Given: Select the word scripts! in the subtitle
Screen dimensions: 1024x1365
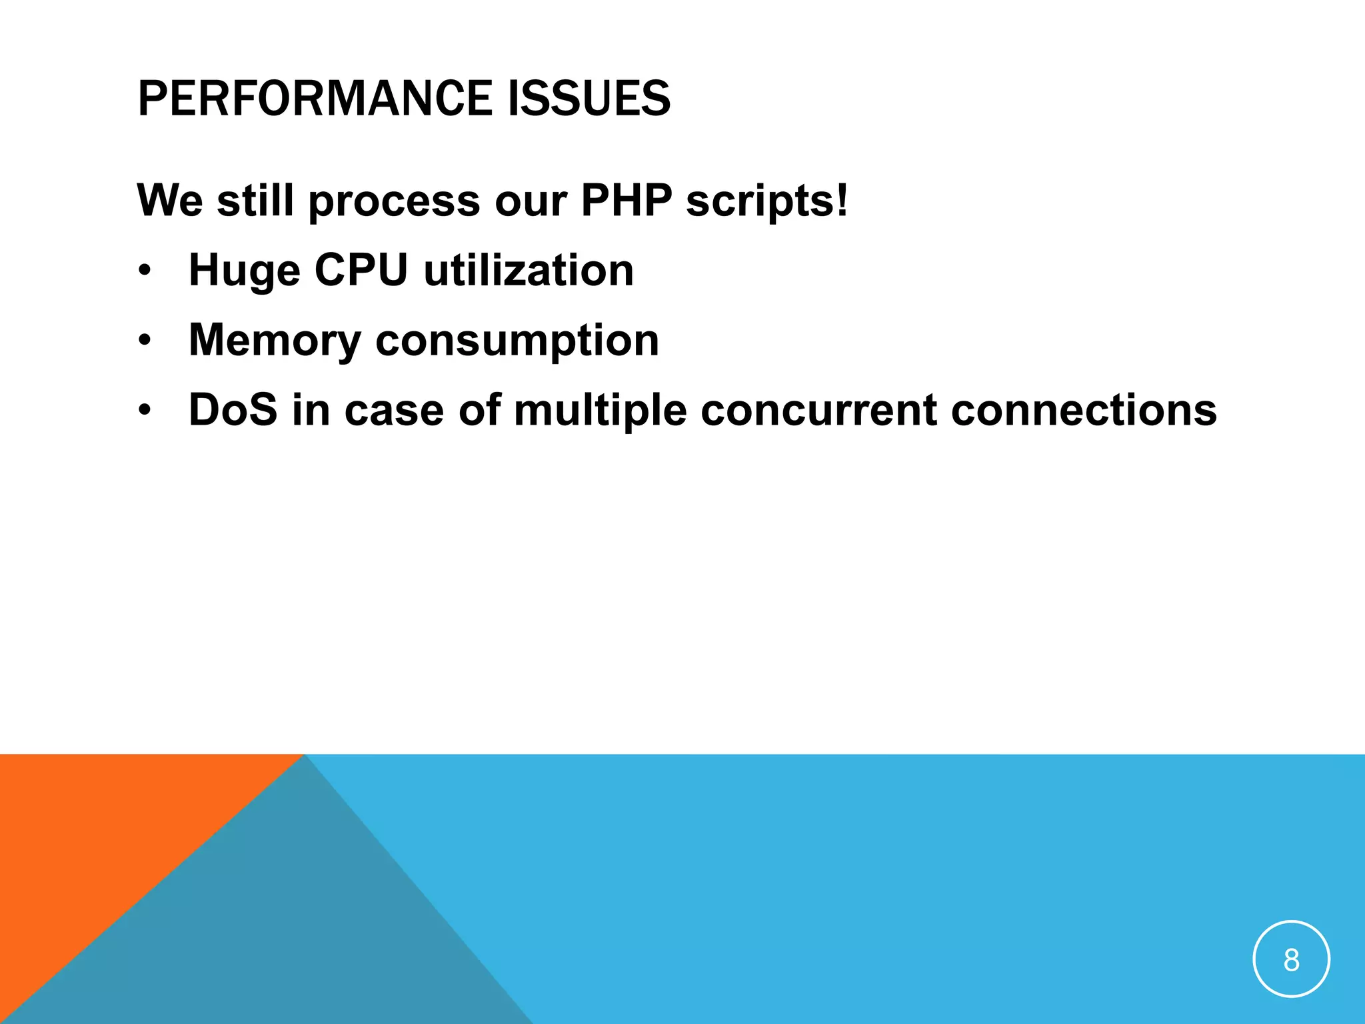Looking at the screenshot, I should pos(767,201).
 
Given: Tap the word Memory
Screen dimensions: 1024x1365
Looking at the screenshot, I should pos(275,341).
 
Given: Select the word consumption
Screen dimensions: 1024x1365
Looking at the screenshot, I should pos(517,341).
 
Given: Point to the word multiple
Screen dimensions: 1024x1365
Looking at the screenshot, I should pos(600,411).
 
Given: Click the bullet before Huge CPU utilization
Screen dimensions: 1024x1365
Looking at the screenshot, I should pos(145,271).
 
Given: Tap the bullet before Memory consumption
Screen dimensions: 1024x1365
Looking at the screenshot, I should pos(145,341).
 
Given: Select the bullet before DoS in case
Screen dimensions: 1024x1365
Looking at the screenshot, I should pos(145,411).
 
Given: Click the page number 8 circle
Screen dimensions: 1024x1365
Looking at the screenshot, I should pos(1291,959).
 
